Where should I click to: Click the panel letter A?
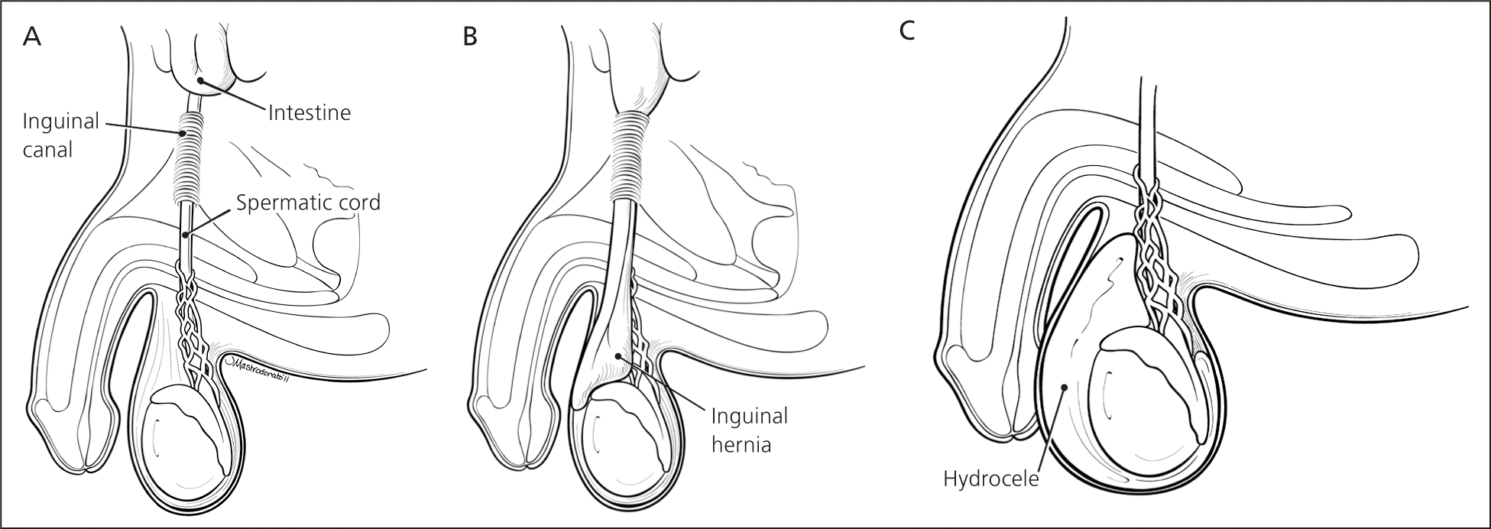32,36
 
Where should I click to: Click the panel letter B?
471,36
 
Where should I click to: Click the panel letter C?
907,31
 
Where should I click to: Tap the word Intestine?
309,113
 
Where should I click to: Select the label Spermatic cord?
308,203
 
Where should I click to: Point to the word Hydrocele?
991,479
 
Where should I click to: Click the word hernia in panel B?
741,444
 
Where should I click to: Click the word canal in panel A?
47,149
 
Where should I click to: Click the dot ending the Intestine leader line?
199,80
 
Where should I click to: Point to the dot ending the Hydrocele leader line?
1064,388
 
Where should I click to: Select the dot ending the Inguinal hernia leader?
617,356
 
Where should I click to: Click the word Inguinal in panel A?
61,122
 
